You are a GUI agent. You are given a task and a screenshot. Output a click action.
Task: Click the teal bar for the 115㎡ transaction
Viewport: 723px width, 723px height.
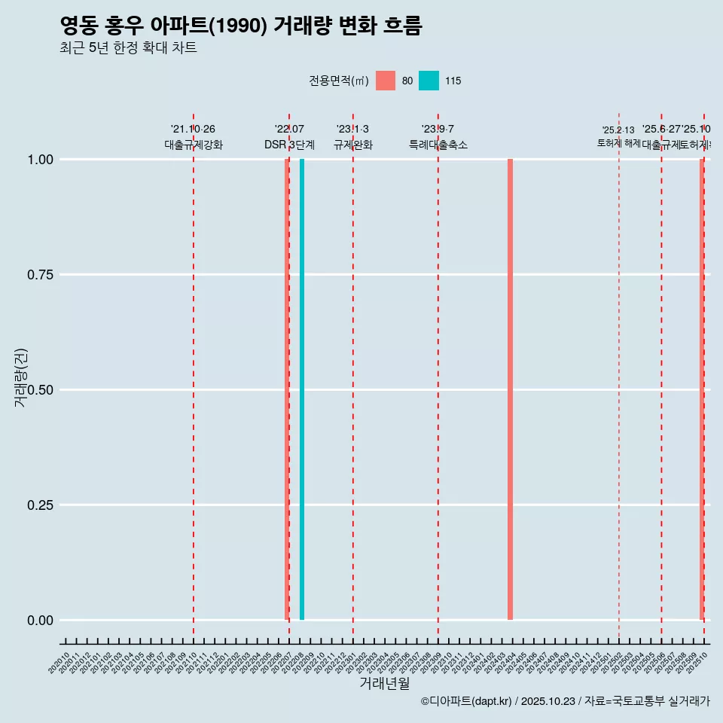point(302,389)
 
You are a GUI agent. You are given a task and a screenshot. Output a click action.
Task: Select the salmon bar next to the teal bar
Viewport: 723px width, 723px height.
point(287,389)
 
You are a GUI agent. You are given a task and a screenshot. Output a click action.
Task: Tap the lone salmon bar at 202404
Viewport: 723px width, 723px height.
point(510,389)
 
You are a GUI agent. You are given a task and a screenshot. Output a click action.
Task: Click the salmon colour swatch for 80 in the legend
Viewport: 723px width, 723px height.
point(386,81)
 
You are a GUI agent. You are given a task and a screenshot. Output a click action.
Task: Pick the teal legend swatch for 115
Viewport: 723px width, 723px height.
point(429,81)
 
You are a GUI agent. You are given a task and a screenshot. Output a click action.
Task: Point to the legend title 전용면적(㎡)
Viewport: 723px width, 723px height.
point(339,81)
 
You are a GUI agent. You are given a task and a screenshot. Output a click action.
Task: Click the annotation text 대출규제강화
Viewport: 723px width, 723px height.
point(194,145)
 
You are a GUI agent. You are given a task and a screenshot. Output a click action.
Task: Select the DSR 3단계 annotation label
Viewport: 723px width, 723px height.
point(289,145)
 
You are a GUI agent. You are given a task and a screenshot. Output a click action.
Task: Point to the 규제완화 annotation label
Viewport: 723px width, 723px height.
point(353,145)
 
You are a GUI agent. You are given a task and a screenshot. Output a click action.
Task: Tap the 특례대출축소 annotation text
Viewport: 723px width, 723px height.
point(438,145)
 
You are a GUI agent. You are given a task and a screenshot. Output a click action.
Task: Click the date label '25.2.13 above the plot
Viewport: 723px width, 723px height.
point(618,130)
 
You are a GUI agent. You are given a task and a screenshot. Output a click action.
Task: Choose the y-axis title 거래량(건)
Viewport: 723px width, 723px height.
point(21,377)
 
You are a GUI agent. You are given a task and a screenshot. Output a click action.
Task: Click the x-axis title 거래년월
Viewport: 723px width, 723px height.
point(385,684)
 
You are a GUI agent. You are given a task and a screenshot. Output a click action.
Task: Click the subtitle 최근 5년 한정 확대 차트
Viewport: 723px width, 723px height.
point(128,48)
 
